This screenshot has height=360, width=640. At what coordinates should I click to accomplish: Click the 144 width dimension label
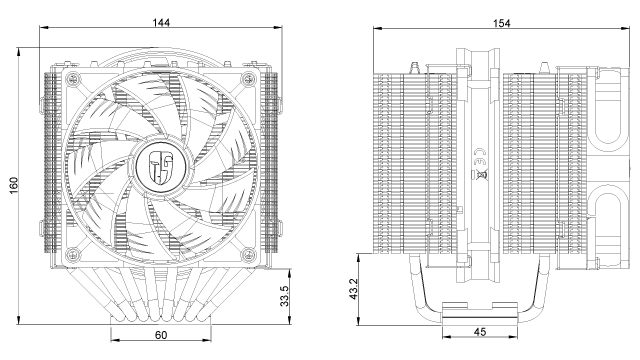pos(161,22)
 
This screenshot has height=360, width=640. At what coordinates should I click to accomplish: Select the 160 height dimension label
pos(14,185)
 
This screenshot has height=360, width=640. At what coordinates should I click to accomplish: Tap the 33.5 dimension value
pos(284,296)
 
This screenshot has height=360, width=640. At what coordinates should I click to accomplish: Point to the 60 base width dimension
pos(161,335)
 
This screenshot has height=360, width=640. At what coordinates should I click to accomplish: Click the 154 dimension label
pos(502,23)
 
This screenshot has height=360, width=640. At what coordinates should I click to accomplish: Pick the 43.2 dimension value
pos(354,289)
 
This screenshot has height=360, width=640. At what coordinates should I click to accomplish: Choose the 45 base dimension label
pos(480,332)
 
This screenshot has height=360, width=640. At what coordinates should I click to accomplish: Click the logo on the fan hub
pos(162,167)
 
